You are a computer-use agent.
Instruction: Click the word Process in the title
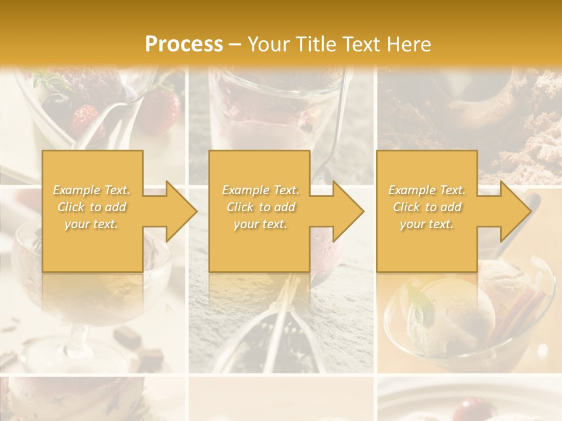(x=184, y=44)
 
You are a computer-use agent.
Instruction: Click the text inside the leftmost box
(x=92, y=207)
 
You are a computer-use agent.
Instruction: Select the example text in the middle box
(x=261, y=207)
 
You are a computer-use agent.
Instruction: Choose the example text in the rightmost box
(x=427, y=207)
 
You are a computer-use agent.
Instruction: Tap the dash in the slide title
(x=235, y=44)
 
